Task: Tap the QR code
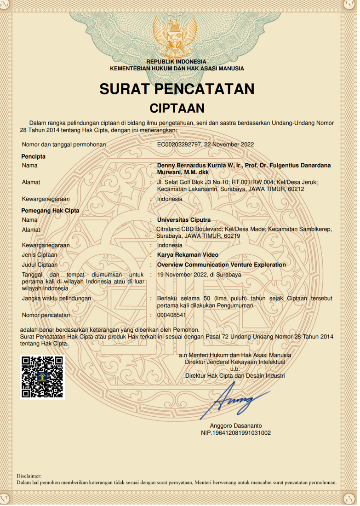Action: (x=42, y=377)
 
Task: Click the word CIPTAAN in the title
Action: (x=177, y=108)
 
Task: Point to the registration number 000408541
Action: (x=171, y=315)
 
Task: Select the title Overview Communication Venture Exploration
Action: (x=221, y=264)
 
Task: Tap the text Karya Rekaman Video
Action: (x=188, y=255)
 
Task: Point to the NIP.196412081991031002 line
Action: (x=235, y=433)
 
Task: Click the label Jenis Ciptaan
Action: (x=40, y=255)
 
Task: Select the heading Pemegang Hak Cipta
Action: (x=51, y=211)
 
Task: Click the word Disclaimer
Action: (x=29, y=476)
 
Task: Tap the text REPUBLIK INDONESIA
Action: (x=176, y=62)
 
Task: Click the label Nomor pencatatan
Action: (x=46, y=315)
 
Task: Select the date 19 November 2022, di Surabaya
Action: (x=199, y=275)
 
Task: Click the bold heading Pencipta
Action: (x=34, y=156)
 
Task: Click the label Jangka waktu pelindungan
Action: (x=57, y=298)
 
